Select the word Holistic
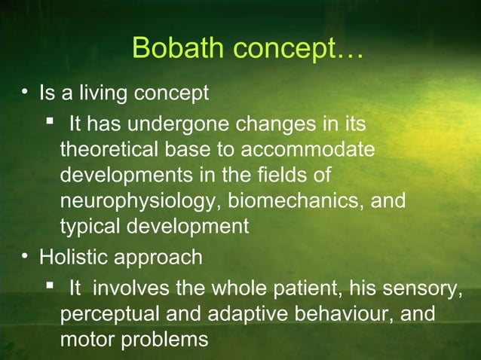click(70, 257)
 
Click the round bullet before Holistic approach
click(26, 257)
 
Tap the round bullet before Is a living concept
click(26, 94)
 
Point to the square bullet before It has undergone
click(50, 121)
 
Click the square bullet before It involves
click(50, 285)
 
